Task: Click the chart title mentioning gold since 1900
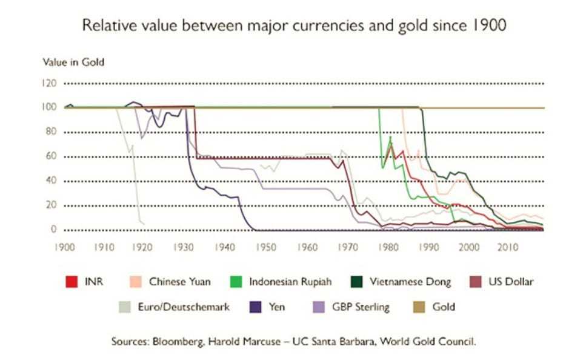(x=293, y=26)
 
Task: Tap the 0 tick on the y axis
(x=53, y=230)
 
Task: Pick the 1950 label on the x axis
(x=266, y=247)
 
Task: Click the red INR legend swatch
(x=72, y=282)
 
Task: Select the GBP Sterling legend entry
(x=360, y=307)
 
